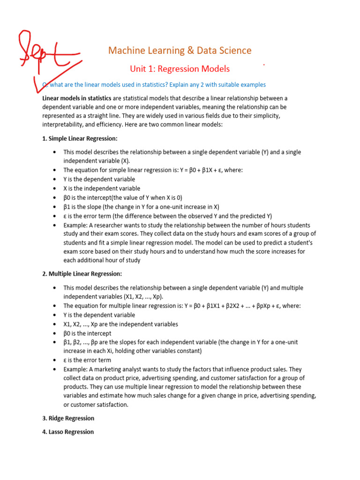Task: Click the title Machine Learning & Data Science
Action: (180, 51)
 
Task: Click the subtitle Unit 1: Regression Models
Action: (180, 69)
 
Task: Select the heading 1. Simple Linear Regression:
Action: (80, 139)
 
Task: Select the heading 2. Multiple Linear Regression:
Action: (82, 274)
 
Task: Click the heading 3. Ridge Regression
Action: (68, 418)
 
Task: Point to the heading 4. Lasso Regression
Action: (68, 432)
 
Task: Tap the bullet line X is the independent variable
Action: (102, 188)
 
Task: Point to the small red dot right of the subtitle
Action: (264, 64)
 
